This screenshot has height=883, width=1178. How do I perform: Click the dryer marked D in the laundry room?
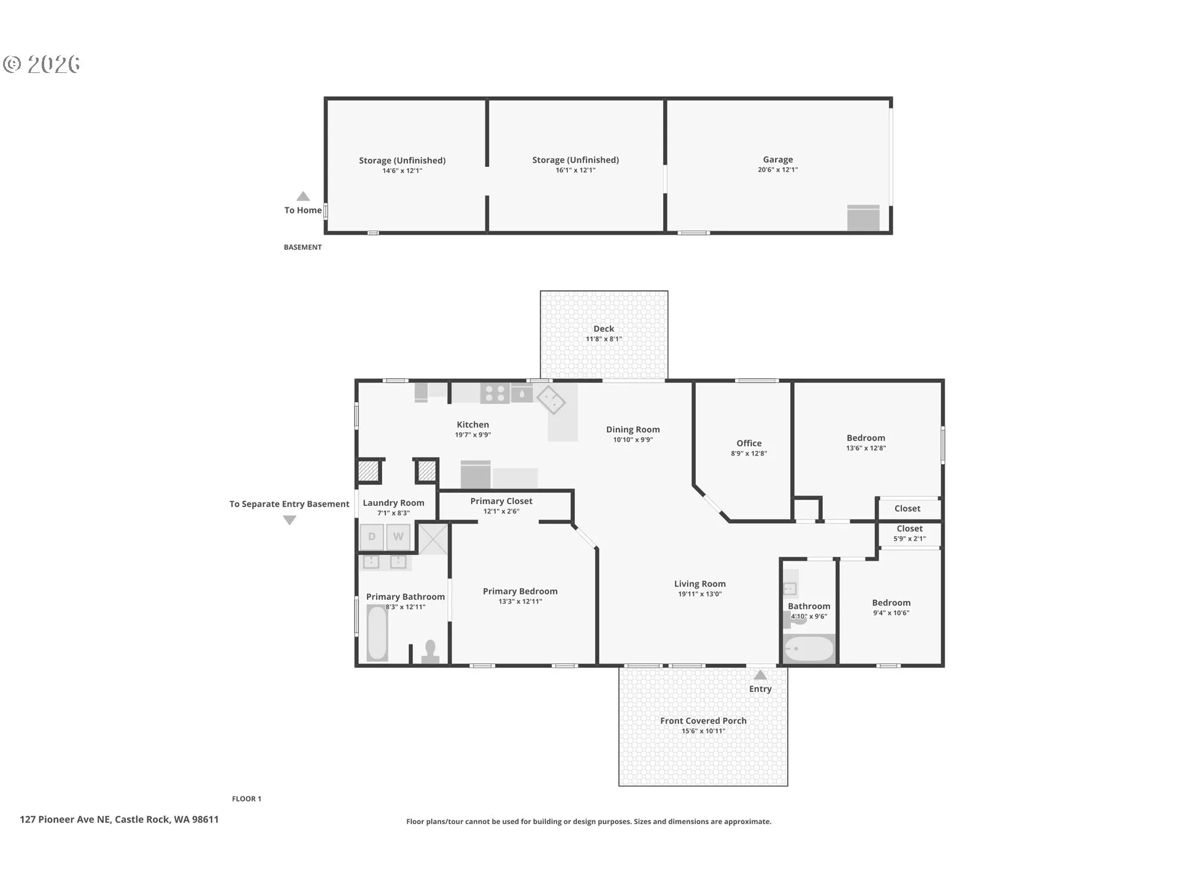372,537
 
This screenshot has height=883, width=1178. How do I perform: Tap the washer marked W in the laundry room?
398,537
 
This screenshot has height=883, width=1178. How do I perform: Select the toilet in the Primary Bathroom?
430,652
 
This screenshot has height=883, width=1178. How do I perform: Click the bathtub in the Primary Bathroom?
377,633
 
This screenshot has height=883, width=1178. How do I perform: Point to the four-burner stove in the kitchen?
495,393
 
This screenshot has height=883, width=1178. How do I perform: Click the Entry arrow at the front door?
760,675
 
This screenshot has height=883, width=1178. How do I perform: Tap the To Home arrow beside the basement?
303,196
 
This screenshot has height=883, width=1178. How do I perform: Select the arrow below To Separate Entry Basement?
290,520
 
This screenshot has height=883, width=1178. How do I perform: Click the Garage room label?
778,159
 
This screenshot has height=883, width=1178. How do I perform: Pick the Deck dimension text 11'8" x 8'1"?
604,339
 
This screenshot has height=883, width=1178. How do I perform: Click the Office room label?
749,443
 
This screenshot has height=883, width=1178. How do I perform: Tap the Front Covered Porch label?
703,721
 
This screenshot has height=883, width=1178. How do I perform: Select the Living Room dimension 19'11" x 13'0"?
700,594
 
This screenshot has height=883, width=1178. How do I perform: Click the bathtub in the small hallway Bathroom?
809,648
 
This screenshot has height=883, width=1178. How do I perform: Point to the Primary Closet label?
501,501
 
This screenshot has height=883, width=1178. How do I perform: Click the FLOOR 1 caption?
247,798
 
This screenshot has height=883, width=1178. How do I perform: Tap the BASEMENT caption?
302,247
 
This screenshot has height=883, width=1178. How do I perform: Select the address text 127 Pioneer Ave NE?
65,819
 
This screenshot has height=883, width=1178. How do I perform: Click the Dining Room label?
633,430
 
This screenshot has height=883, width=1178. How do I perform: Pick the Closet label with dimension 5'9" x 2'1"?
910,529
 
